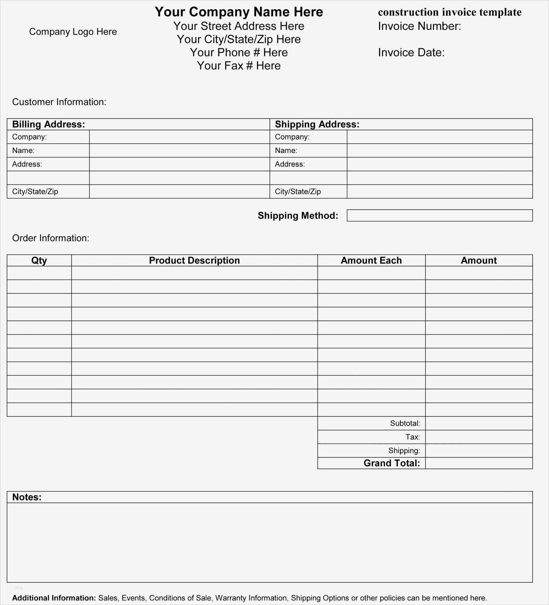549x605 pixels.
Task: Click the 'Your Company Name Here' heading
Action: [239, 12]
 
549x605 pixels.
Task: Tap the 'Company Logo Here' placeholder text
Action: [73, 32]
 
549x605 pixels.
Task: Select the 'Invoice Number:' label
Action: [419, 26]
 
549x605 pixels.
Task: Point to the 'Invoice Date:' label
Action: [411, 52]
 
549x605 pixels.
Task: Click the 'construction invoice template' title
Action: [450, 12]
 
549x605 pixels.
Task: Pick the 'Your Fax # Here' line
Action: [239, 66]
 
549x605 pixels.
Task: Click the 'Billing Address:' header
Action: [49, 124]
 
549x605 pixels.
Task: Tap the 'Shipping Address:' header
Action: [317, 124]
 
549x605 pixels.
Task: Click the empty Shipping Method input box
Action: [439, 215]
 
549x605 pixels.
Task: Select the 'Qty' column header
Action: [39, 260]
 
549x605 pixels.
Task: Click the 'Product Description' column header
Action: [194, 260]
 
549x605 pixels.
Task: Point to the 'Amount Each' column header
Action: [371, 260]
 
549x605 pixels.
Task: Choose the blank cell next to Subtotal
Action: [479, 423]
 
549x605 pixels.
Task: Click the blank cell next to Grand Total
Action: [479, 463]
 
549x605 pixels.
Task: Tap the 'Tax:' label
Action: [413, 437]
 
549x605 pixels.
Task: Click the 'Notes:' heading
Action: [27, 497]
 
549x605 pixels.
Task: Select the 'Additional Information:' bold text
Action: [54, 598]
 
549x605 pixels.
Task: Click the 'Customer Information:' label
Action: [59, 102]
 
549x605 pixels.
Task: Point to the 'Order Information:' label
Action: [51, 238]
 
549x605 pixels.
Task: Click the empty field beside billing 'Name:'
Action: [179, 151]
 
